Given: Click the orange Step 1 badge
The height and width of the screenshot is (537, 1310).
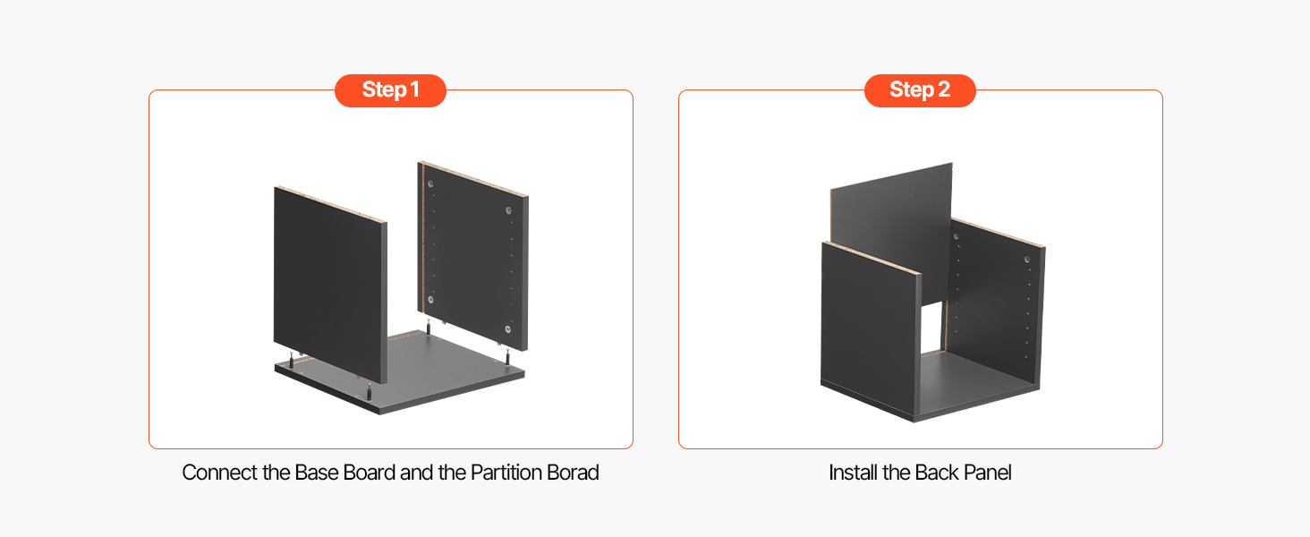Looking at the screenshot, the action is [x=390, y=90].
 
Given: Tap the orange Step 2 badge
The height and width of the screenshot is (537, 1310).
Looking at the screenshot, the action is [x=920, y=90].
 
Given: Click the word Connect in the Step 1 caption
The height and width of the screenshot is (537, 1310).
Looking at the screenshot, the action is [x=219, y=472].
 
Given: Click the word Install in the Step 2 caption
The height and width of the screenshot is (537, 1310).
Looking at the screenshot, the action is [x=853, y=472].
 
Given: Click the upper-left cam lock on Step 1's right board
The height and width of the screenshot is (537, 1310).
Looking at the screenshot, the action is [x=430, y=183].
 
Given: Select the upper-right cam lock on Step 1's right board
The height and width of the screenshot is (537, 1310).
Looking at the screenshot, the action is [x=508, y=210].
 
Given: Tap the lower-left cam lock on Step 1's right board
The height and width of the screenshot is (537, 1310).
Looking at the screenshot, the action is [x=430, y=300].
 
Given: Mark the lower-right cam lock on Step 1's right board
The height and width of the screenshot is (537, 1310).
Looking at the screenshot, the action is [x=507, y=329].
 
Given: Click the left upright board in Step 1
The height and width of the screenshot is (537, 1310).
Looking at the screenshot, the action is [x=330, y=285].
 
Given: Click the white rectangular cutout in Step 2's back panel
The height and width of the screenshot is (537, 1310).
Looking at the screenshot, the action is [x=931, y=328].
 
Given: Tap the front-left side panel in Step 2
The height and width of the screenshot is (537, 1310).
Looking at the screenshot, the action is [x=871, y=330].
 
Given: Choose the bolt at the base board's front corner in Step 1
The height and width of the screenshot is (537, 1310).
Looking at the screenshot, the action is [x=369, y=392].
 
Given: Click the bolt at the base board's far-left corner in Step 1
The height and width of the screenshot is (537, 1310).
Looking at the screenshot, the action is [x=291, y=361].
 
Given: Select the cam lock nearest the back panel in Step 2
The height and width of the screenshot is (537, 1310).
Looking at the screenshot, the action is [x=957, y=236].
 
